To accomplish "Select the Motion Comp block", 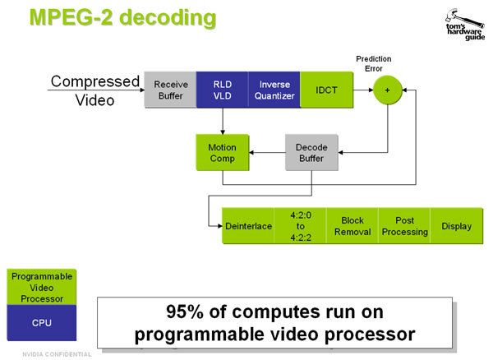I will (221, 152).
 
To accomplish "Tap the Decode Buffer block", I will (311, 152).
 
